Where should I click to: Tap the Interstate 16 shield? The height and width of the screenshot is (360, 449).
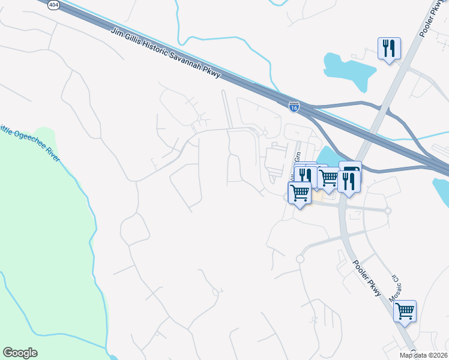(x=294, y=107)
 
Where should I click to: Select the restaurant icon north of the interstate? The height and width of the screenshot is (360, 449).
(x=389, y=48)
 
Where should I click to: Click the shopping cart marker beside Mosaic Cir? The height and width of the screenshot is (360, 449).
(x=405, y=311)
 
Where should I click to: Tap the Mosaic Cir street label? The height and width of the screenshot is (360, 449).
(x=394, y=287)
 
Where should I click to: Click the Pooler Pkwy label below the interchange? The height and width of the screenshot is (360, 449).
(x=366, y=278)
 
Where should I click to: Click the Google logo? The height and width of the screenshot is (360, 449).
(x=20, y=353)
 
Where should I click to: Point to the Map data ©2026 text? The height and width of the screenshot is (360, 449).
(x=423, y=355)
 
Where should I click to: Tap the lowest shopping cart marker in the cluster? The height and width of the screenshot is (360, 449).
(x=299, y=193)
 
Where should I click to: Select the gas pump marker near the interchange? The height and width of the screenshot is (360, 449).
(x=351, y=170)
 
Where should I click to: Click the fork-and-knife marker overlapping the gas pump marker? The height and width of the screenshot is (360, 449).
(x=348, y=181)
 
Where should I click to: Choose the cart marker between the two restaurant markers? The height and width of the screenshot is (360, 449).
(x=328, y=178)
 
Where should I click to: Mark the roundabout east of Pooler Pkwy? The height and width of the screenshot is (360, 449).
(x=388, y=211)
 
